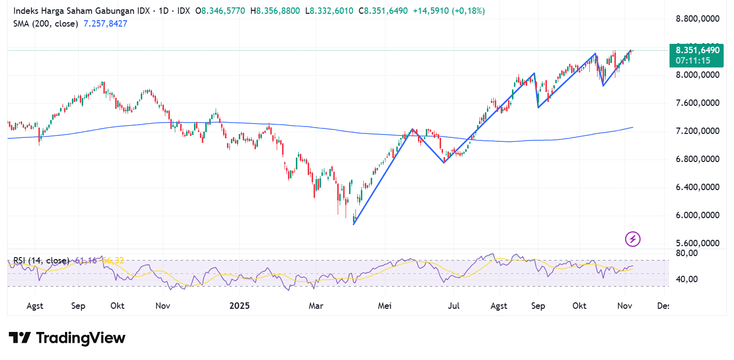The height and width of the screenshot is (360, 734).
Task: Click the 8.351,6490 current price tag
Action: click(x=697, y=50)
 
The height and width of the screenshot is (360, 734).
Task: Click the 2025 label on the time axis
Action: click(x=240, y=306)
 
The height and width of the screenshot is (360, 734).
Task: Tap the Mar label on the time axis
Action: click(x=316, y=306)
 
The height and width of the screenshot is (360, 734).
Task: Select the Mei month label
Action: click(x=384, y=306)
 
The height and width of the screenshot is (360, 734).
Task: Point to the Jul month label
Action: click(x=453, y=306)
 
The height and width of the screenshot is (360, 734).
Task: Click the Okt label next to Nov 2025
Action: click(x=579, y=306)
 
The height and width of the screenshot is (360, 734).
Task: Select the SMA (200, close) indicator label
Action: click(x=45, y=23)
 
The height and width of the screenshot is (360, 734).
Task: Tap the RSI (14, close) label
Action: click(x=41, y=260)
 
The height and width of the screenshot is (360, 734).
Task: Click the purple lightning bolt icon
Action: click(x=633, y=239)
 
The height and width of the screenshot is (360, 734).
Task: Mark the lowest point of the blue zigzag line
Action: click(x=354, y=225)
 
